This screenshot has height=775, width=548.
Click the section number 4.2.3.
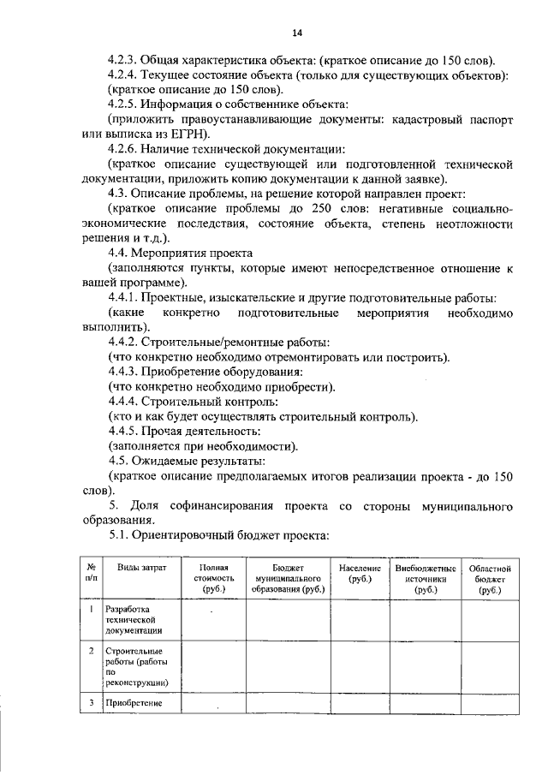(x=127, y=62)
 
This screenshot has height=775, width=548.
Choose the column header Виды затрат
(x=141, y=568)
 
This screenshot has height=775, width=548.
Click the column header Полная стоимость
(x=212, y=578)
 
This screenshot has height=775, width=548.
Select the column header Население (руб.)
(x=360, y=573)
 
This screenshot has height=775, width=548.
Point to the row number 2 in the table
(x=91, y=651)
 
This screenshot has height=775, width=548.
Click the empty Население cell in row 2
(x=360, y=666)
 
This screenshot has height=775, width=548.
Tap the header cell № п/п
(x=91, y=573)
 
